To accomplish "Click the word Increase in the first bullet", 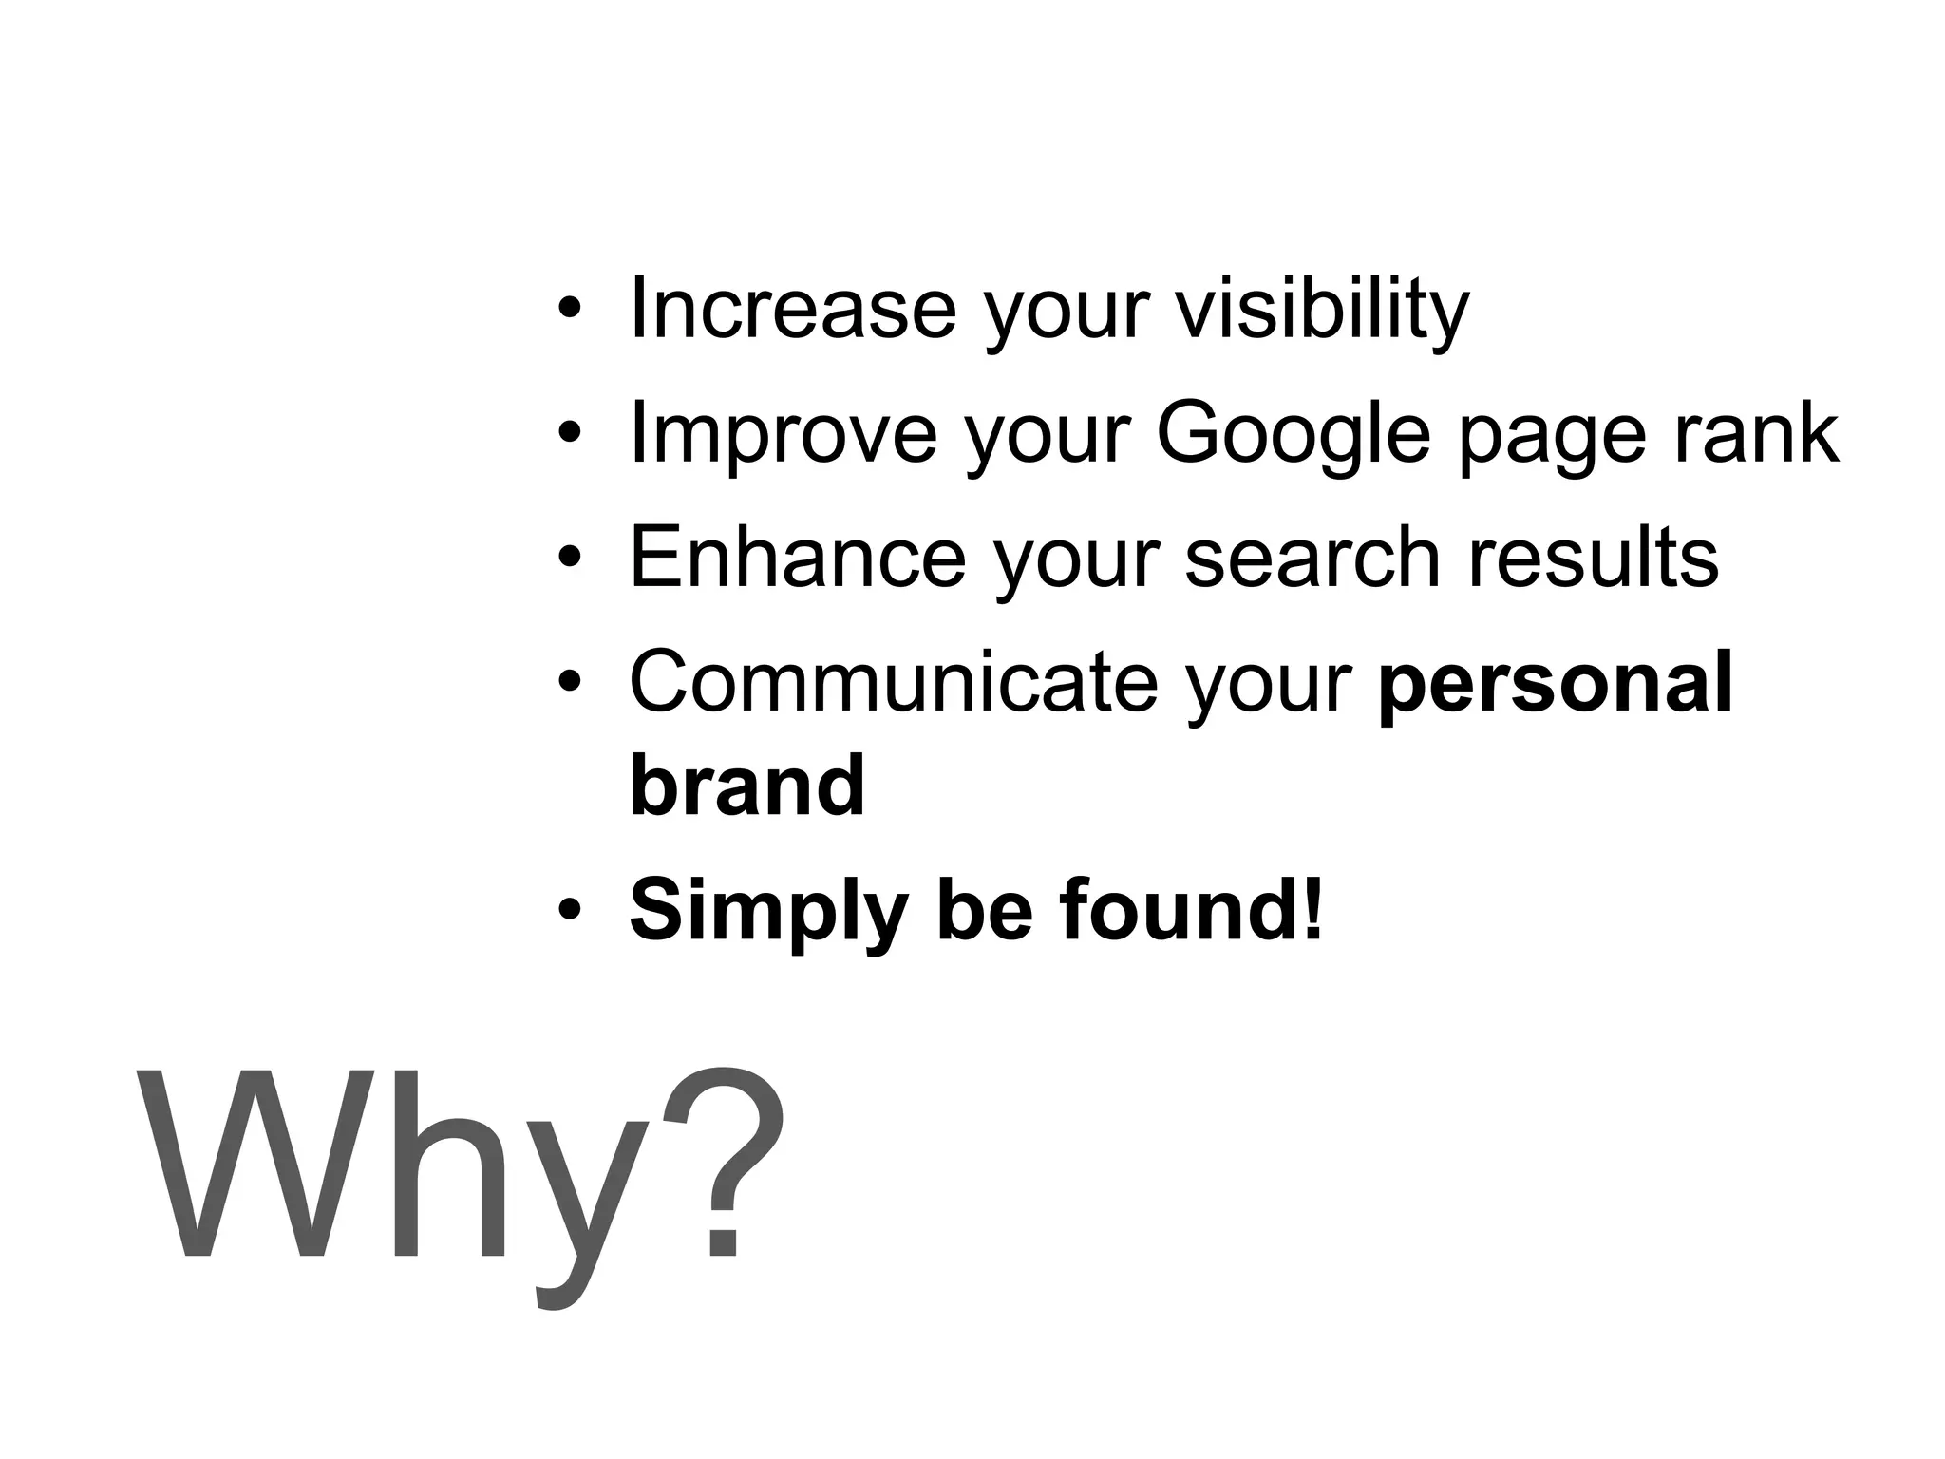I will (793, 308).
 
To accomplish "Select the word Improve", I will (784, 433).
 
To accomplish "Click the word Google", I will (1293, 435).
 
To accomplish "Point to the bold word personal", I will (1556, 685).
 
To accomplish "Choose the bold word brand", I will (747, 785).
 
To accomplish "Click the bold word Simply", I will (767, 912).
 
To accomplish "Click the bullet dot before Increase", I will (569, 310).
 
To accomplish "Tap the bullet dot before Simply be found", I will (569, 911).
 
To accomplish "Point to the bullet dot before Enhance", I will (569, 558).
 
